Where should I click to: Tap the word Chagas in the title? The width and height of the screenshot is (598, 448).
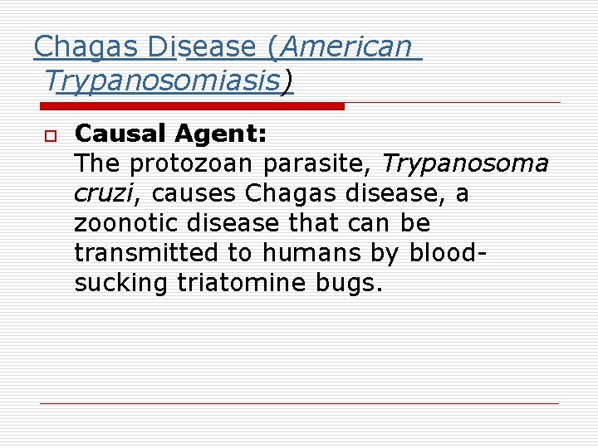(88, 46)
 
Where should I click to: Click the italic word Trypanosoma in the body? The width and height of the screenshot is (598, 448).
(464, 163)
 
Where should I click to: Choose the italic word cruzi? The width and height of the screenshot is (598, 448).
(101, 193)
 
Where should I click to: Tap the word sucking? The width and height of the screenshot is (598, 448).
(120, 283)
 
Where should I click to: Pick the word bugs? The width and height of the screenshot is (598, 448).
(348, 284)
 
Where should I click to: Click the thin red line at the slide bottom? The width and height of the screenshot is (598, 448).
(299, 403)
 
